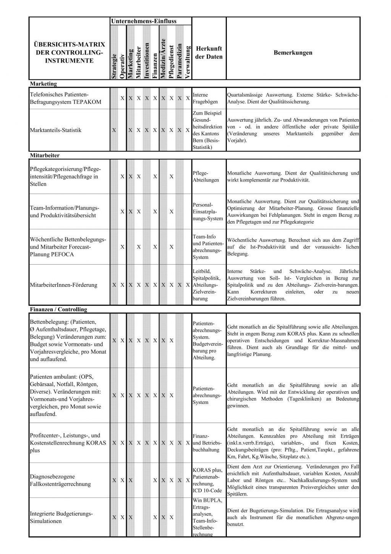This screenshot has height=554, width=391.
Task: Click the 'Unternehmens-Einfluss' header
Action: coord(144,21)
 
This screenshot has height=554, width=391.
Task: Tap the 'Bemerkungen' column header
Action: coord(293,53)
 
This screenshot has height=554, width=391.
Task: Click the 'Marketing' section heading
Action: coord(43,84)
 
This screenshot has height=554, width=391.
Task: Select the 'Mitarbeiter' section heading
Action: coord(45,155)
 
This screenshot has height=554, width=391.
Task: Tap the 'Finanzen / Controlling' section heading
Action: coord(58,309)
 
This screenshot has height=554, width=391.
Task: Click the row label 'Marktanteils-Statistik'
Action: coord(56,130)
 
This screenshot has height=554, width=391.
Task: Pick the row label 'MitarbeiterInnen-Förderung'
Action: coord(63,285)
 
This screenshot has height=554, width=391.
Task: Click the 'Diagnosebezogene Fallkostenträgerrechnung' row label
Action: coord(60,480)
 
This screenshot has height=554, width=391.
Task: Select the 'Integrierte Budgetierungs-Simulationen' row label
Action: coord(61,517)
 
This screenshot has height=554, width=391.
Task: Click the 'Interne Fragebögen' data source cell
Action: coord(205,98)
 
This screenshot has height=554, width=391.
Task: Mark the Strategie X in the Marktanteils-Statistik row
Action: coord(114,130)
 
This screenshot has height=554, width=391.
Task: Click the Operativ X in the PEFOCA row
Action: coord(122,247)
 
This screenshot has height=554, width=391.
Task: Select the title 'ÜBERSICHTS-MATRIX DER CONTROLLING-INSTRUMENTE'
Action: coord(67,53)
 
